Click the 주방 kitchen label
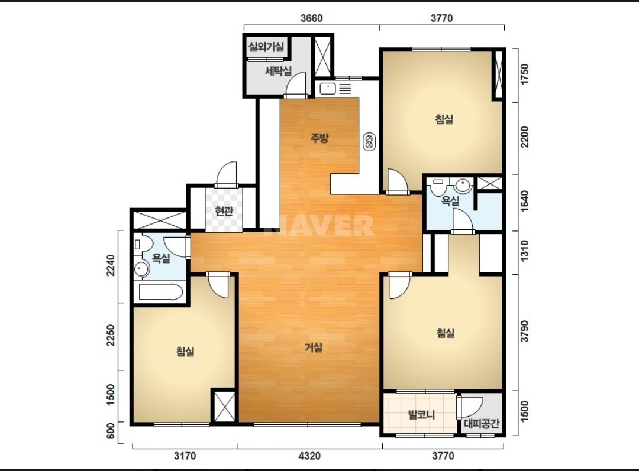pyautogui.click(x=319, y=138)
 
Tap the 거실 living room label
pyautogui.click(x=314, y=347)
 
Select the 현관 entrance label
pyautogui.click(x=224, y=211)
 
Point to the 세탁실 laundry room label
pyautogui.click(x=278, y=72)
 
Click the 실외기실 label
pyautogui.click(x=266, y=47)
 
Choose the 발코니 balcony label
pyautogui.click(x=421, y=415)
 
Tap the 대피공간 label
pyautogui.click(x=481, y=424)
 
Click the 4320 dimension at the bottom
pyautogui.click(x=309, y=456)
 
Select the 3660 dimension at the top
pyautogui.click(x=311, y=18)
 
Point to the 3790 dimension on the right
pyautogui.click(x=525, y=332)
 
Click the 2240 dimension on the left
pyautogui.click(x=111, y=265)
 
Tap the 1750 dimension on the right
pyautogui.click(x=525, y=74)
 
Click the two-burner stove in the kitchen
pyautogui.click(x=370, y=142)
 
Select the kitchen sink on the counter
pyautogui.click(x=327, y=88)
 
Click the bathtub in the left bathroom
pyautogui.click(x=161, y=292)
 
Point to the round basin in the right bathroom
pyautogui.click(x=463, y=186)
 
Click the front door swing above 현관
pyautogui.click(x=227, y=174)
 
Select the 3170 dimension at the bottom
pyautogui.click(x=185, y=456)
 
